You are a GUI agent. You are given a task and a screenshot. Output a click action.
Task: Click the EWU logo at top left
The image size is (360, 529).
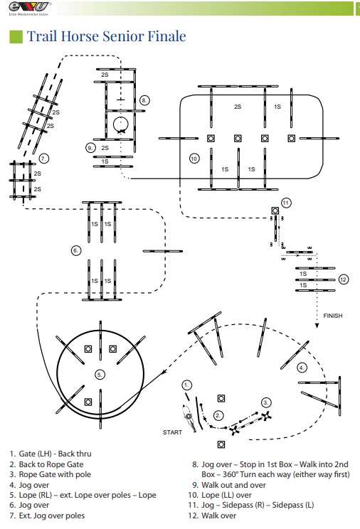point(30,9)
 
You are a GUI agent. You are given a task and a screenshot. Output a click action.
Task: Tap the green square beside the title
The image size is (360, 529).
point(16,37)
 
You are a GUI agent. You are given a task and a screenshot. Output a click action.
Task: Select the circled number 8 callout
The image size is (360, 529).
point(144,100)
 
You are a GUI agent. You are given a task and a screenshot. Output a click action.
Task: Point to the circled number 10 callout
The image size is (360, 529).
point(194,159)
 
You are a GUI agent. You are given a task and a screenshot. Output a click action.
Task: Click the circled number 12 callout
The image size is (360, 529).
point(344,279)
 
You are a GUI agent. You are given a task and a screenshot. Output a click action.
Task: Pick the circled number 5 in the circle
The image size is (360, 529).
point(100,375)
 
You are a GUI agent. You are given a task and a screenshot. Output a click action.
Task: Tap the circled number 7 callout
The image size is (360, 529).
point(43,159)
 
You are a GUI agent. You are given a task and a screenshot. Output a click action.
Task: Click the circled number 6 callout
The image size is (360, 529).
point(76,250)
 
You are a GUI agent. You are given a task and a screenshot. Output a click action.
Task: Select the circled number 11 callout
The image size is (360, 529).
point(286,203)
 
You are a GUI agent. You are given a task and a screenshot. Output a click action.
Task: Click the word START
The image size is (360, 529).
point(172,432)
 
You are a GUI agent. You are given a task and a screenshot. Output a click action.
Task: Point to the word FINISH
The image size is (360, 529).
point(333,316)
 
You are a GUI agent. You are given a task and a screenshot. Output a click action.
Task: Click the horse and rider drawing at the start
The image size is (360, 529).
point(189,417)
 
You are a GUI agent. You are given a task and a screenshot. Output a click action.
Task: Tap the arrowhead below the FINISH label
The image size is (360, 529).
point(317,326)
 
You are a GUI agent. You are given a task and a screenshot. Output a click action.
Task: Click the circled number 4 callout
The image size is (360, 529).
point(302,368)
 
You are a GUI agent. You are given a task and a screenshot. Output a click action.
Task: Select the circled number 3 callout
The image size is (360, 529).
point(266,402)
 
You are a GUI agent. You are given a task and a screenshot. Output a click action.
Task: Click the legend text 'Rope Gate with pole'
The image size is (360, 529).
point(55,474)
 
